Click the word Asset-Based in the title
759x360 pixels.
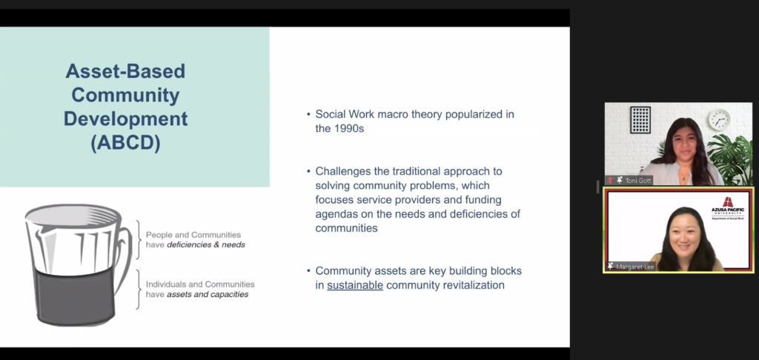point(125,71)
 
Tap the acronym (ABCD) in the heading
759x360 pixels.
point(125,144)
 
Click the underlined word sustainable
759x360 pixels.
point(355,285)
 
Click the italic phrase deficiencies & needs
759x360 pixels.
point(206,245)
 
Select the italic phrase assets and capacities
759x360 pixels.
point(208,294)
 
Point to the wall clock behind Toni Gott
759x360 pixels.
point(719,119)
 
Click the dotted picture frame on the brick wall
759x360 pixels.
point(640,119)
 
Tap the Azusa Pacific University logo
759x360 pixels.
point(728,209)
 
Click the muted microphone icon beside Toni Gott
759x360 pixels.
point(611,181)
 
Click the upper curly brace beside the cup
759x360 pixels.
point(138,240)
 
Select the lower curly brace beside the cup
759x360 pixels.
point(138,289)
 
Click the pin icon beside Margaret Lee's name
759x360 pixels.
point(611,267)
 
